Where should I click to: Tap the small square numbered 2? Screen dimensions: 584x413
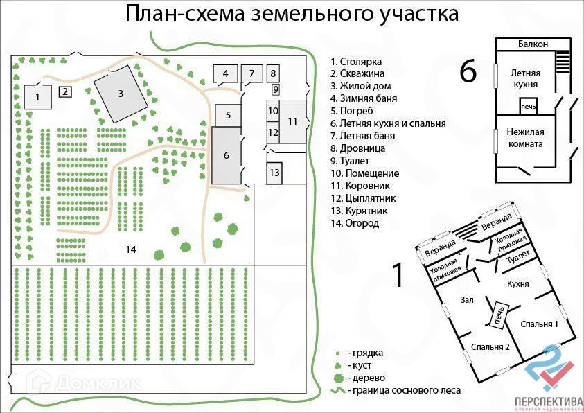click(x=64, y=91)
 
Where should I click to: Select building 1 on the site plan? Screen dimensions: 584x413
click(x=37, y=97)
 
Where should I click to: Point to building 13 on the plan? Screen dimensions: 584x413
click(x=274, y=173)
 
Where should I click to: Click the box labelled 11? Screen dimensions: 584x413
click(x=292, y=121)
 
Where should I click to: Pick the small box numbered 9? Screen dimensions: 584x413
click(x=275, y=89)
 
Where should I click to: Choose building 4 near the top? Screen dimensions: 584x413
click(x=225, y=73)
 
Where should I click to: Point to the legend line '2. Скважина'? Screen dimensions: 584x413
click(x=357, y=73)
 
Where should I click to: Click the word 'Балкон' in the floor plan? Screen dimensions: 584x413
click(x=533, y=44)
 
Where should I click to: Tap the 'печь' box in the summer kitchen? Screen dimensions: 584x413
click(x=528, y=107)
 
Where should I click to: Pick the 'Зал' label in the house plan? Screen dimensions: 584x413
click(x=466, y=299)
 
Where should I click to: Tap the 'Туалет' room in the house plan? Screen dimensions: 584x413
click(x=518, y=259)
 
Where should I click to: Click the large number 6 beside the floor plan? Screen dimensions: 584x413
click(x=468, y=72)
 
